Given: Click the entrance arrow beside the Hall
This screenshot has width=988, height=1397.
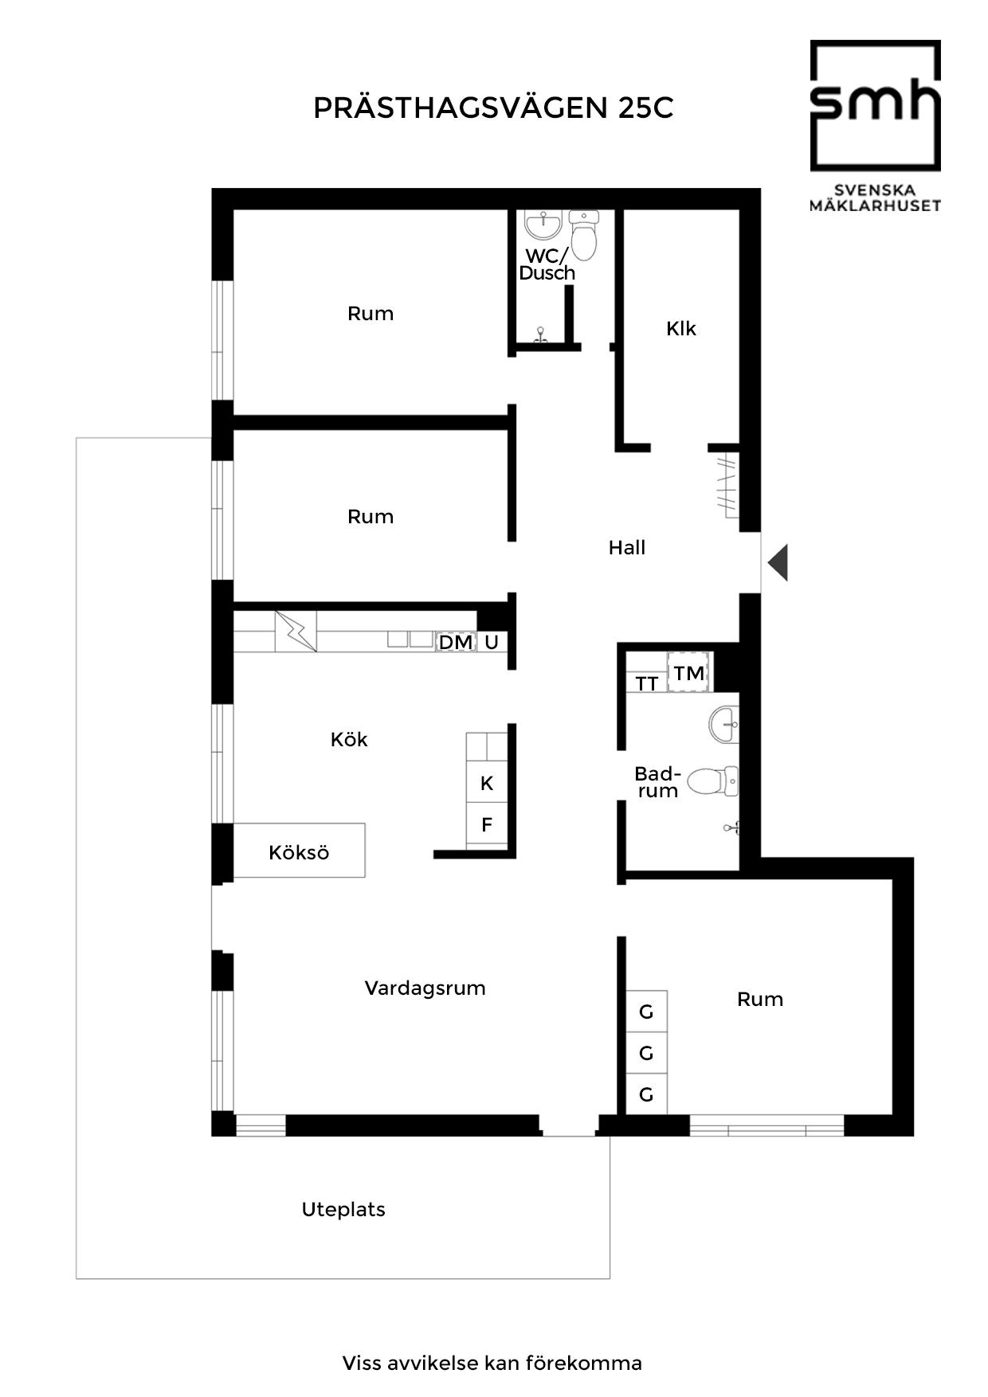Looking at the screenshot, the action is (x=778, y=562).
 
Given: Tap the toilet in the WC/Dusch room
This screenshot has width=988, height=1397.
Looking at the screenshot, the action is (x=585, y=235).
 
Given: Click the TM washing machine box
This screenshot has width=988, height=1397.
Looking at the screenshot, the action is (x=689, y=672).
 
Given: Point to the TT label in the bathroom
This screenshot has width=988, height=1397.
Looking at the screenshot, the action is (x=647, y=683).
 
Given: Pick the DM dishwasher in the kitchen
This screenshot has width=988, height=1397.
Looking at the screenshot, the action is (x=456, y=641).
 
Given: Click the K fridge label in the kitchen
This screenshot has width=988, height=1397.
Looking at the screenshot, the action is (x=487, y=784).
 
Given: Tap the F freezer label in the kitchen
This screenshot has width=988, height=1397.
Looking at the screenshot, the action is (x=487, y=824).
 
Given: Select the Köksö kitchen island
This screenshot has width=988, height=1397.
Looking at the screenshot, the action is (x=299, y=851).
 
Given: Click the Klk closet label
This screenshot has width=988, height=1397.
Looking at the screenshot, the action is (x=681, y=328).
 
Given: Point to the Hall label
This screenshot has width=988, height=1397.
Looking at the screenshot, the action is (x=627, y=547).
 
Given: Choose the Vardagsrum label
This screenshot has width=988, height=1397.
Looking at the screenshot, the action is (x=425, y=988).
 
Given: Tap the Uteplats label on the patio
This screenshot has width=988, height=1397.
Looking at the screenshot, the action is (x=343, y=1210).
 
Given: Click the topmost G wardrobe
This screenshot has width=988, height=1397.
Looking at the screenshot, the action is (x=646, y=1012).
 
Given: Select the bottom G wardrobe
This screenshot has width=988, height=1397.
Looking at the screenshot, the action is (x=646, y=1094).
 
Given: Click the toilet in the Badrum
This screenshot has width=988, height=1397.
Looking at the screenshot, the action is (x=712, y=781).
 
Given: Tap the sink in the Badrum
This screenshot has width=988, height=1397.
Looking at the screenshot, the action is (x=723, y=725).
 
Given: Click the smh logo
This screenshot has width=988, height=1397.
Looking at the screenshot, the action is (x=876, y=126).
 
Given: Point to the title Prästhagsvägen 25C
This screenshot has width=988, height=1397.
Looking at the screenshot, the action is (x=493, y=108).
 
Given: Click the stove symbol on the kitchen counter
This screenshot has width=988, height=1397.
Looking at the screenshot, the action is (x=296, y=632).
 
